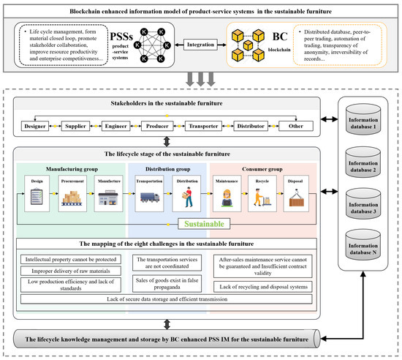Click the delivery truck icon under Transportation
tap(150, 198)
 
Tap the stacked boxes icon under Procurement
tap(71, 198)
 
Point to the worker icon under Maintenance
tap(222, 198)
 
